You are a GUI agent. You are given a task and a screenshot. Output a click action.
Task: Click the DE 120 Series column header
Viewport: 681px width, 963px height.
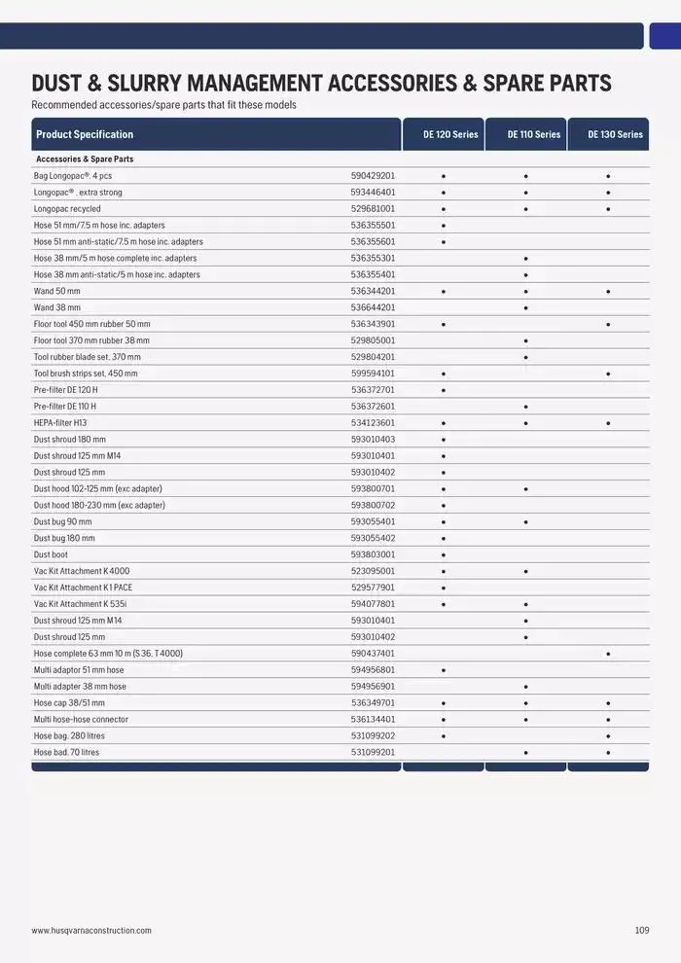(449, 134)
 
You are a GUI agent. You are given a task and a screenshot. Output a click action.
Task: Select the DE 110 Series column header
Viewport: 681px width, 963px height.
(533, 134)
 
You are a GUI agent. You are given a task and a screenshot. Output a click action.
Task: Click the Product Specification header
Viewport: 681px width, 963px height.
(85, 134)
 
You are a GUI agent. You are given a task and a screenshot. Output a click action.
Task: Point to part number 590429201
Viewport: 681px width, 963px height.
(373, 176)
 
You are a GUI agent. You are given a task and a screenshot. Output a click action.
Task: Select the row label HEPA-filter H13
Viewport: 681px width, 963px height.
(60, 423)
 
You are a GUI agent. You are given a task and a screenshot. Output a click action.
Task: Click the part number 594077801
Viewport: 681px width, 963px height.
(373, 604)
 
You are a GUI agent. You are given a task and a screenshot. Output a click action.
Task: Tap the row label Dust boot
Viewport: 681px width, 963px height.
(51, 554)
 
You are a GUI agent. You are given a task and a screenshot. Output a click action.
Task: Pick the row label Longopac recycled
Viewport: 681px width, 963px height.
(67, 209)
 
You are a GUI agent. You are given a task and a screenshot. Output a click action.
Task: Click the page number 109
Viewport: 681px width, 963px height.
(641, 931)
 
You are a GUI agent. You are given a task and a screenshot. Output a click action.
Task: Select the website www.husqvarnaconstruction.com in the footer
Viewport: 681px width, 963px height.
(91, 931)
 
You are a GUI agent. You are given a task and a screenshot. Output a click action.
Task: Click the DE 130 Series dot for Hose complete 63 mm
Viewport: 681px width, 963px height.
(608, 654)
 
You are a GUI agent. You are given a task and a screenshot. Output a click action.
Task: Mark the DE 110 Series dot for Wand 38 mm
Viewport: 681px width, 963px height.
(525, 307)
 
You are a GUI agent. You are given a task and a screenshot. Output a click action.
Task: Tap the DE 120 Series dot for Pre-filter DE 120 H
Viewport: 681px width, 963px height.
(443, 390)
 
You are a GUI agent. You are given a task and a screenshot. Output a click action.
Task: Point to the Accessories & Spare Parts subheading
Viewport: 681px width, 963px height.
(85, 159)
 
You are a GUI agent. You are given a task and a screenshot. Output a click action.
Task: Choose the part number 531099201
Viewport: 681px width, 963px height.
(373, 752)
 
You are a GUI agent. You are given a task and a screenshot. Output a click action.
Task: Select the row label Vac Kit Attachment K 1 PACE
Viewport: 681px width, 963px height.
(82, 588)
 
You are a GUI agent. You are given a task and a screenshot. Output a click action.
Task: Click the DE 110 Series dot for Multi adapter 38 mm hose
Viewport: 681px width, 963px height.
(525, 687)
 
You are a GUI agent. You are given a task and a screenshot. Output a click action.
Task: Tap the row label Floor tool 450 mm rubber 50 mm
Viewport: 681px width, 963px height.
(92, 324)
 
